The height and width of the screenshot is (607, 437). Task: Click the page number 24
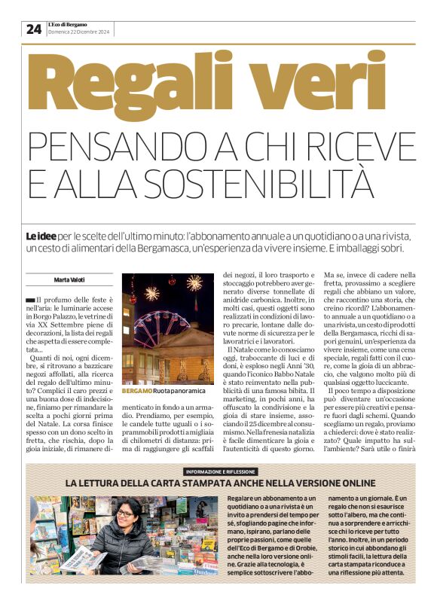(33, 29)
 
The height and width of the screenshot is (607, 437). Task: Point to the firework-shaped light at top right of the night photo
(194, 283)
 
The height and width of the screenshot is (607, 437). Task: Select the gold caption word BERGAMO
(136, 392)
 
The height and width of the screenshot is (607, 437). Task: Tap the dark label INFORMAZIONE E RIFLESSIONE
(218, 471)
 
